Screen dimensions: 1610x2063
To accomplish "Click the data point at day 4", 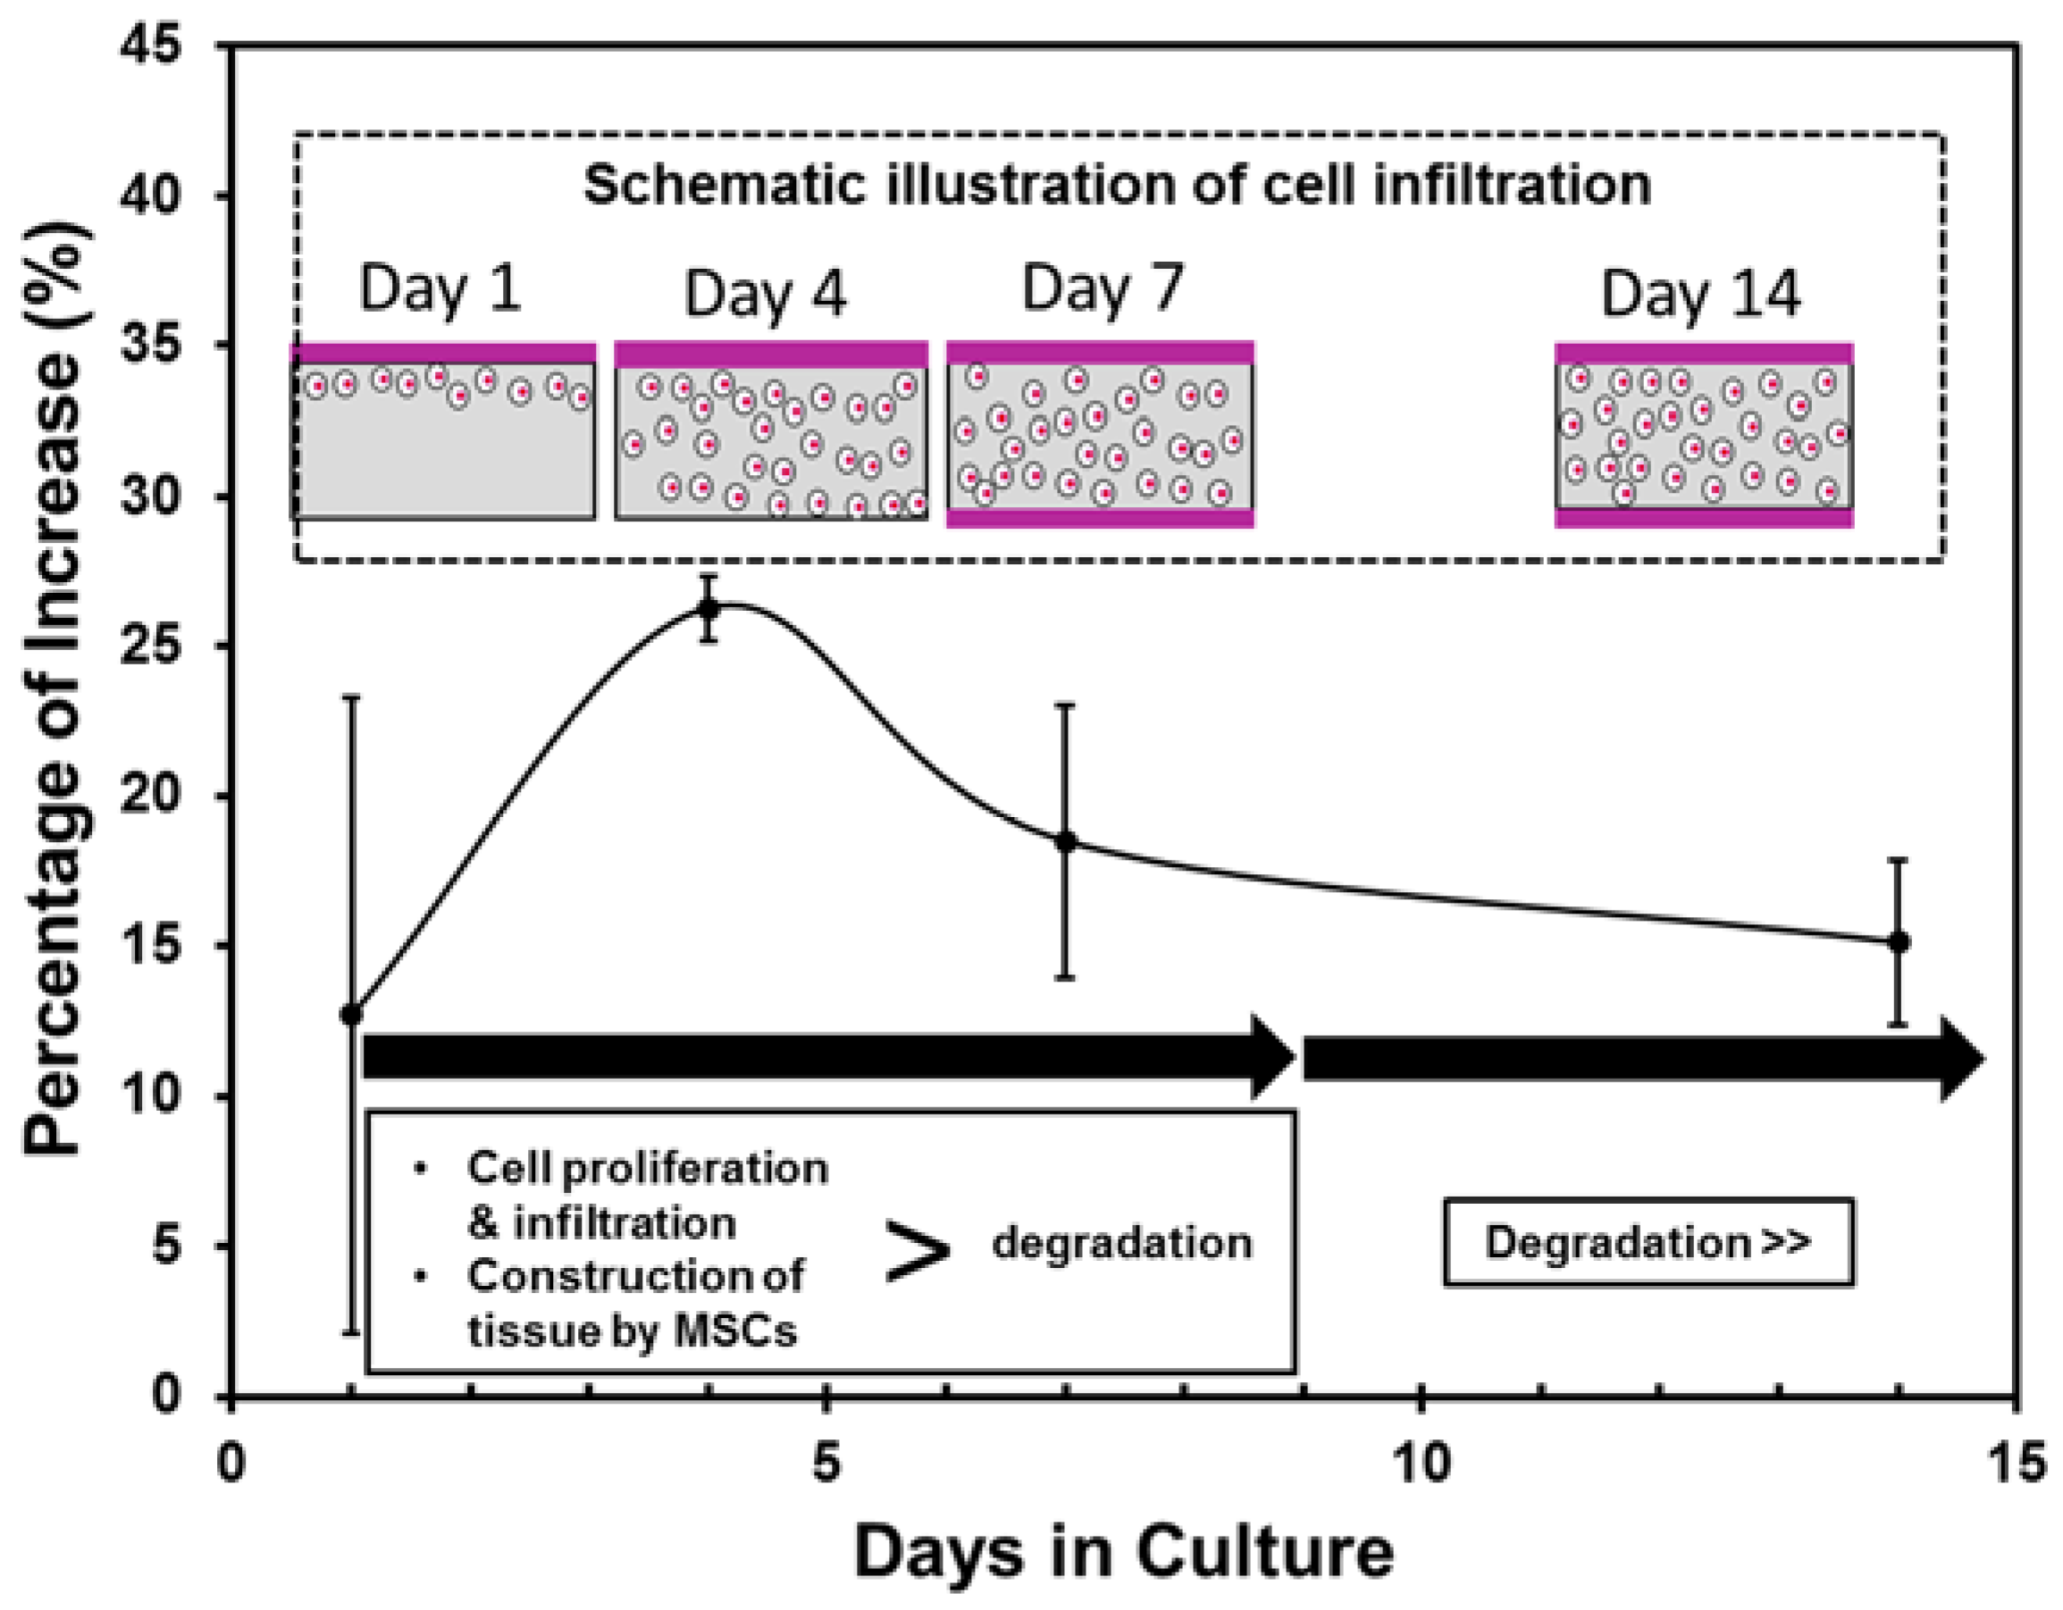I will (709, 609).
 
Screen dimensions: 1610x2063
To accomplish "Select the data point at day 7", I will (1066, 841).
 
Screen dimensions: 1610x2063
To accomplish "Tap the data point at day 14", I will (1899, 941).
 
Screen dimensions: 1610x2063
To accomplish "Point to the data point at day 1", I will (350, 1015).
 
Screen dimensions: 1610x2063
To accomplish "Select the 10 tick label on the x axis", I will (1421, 1463).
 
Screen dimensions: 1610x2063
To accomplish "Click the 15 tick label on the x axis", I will (2016, 1463).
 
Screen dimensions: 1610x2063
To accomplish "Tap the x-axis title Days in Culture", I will (1124, 1551).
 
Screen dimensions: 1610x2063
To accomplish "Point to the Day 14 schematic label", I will (1700, 294).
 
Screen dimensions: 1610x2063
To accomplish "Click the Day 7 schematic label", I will (1103, 288).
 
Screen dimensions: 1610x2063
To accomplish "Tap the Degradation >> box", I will (1648, 1243).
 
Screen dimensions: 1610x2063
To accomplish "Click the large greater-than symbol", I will (917, 1251).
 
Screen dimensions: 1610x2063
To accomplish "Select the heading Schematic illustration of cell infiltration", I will (1118, 185).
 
